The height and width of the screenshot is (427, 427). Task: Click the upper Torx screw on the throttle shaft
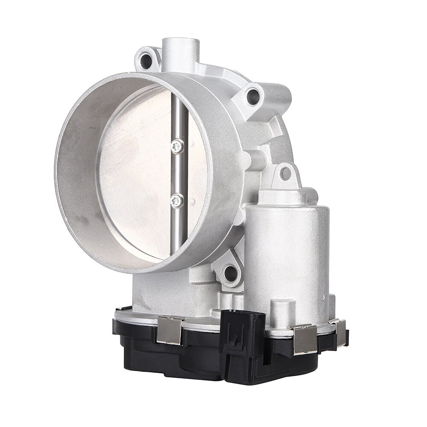pos(177,146)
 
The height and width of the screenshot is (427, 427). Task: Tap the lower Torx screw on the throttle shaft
pos(177,200)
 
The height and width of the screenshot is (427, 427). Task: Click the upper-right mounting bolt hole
pos(253,96)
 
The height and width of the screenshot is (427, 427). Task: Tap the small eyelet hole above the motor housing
pos(285,173)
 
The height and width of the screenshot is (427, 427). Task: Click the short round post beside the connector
pos(283,314)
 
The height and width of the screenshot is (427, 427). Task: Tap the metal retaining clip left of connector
pos(170,330)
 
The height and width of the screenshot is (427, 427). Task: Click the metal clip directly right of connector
pos(305,339)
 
